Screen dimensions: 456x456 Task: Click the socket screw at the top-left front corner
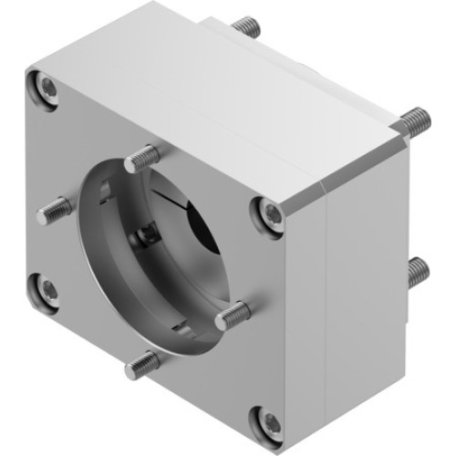click(47, 88)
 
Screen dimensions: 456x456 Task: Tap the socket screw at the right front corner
click(271, 212)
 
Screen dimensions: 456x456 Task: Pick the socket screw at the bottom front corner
click(271, 421)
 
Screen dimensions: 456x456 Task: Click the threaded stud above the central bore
click(140, 161)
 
